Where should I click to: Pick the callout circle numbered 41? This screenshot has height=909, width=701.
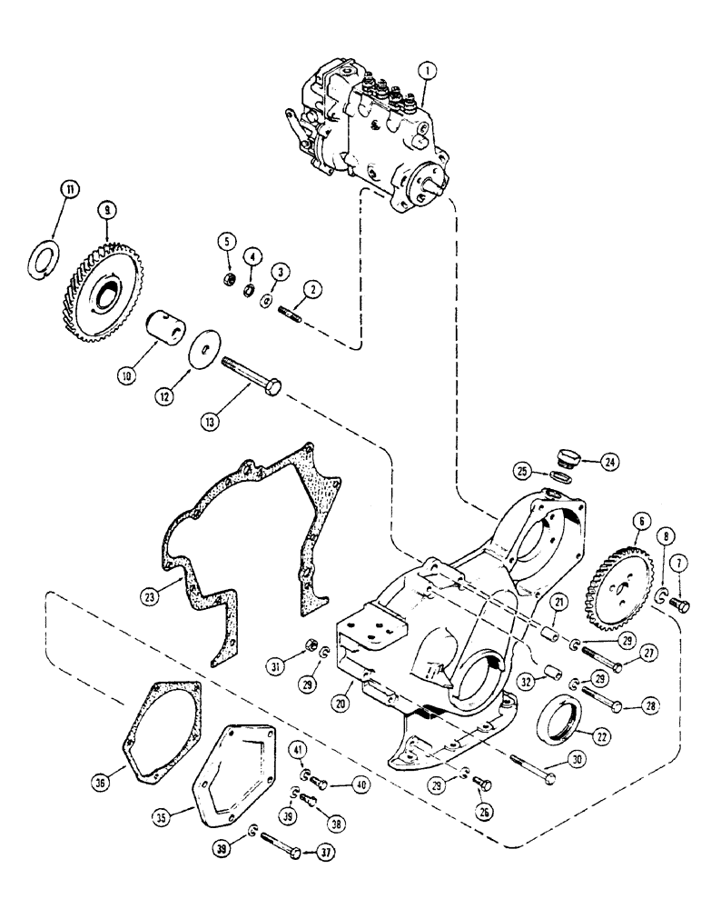298,749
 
